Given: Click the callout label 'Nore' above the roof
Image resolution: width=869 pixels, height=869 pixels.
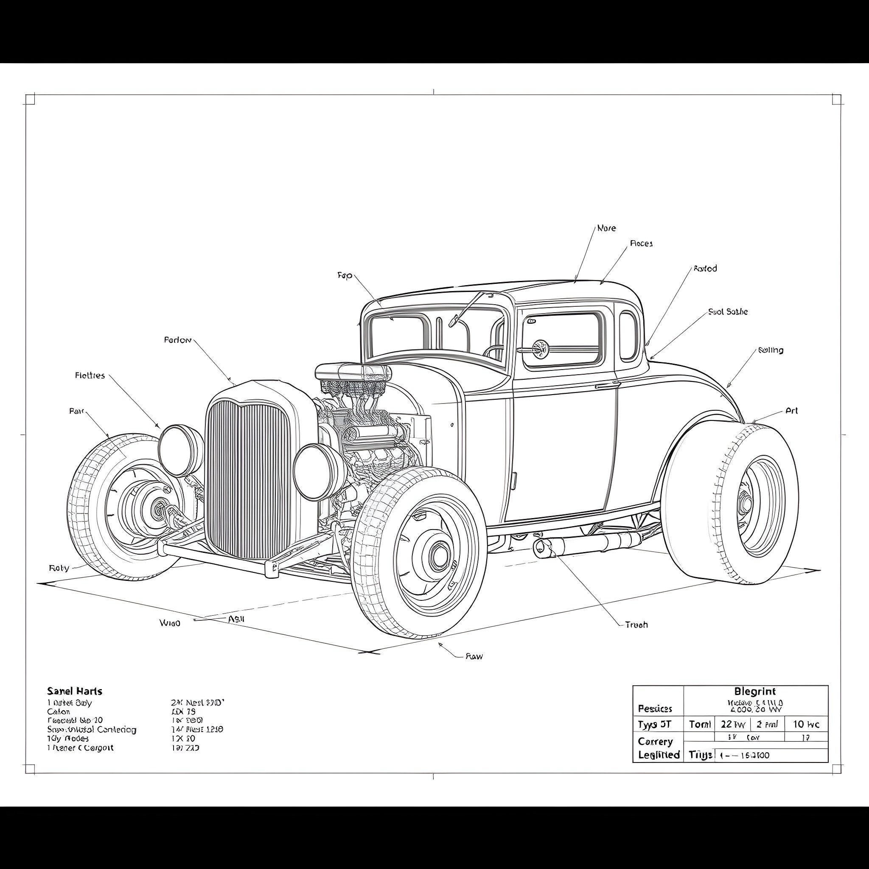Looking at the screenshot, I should click(606, 228).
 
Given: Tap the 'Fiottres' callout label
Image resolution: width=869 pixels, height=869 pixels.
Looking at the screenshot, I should click(90, 375).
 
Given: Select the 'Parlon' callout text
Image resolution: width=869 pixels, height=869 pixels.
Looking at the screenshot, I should click(178, 340).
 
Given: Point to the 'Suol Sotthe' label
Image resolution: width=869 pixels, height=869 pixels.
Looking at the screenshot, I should click(727, 312).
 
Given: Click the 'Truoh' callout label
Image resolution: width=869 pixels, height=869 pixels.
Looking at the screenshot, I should click(636, 625).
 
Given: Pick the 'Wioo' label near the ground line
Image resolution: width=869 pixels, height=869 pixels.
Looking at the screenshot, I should click(170, 623).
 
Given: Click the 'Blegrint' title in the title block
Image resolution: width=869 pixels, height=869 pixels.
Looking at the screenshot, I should click(755, 691).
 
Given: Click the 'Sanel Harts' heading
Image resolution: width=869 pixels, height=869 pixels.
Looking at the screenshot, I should click(75, 691).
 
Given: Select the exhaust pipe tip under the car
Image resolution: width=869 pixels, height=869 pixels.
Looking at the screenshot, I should click(541, 547).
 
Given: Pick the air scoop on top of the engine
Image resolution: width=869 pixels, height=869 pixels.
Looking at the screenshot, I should click(353, 372).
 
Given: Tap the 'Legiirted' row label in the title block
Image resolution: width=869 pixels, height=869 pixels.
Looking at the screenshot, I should click(659, 755).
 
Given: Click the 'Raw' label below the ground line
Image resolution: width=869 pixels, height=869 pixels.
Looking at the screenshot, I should click(474, 656).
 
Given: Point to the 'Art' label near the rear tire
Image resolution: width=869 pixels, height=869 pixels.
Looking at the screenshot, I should click(791, 411).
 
